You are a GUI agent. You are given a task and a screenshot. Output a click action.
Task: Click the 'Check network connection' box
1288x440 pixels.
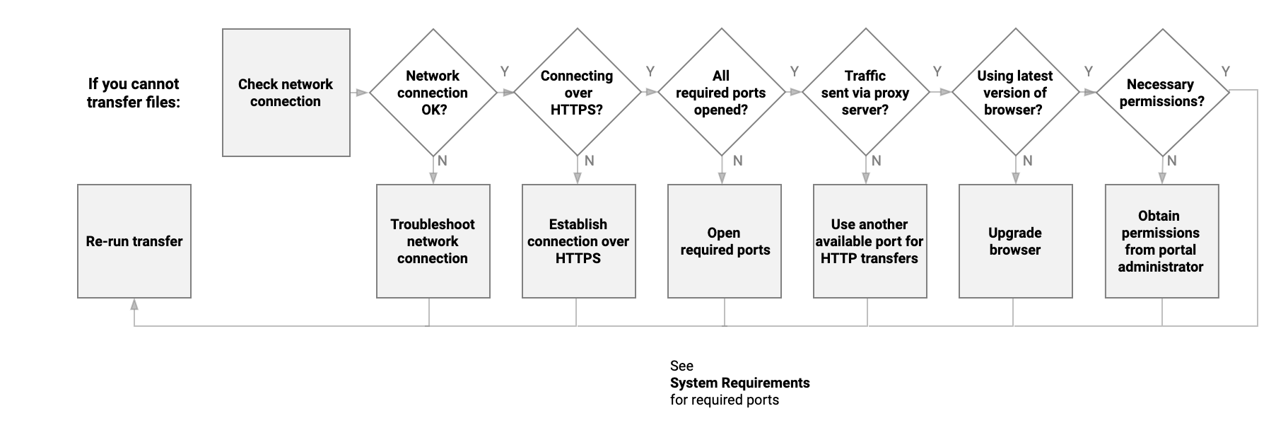286,93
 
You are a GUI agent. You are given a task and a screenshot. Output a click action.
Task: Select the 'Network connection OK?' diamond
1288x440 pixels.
433,93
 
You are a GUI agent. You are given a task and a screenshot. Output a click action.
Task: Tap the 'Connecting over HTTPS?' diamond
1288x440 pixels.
578,93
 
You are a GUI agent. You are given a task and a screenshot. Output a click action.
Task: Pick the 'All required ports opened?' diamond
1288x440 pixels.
721,93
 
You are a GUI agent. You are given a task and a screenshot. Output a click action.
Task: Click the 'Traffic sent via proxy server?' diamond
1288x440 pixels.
865,93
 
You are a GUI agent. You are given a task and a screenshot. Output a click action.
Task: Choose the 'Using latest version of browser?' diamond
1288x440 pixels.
1015,93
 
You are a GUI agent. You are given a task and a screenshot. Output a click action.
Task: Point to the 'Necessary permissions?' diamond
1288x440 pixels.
1161,93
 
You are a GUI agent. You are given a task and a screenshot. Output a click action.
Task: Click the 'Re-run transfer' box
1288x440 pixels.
134,241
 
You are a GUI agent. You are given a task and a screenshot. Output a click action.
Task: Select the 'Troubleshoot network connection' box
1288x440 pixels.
433,241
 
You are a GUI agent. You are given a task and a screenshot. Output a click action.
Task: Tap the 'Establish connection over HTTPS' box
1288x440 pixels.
578,241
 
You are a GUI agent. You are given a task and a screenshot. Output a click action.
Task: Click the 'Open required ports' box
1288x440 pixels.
725,241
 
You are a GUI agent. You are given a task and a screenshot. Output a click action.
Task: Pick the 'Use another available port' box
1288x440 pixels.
870,241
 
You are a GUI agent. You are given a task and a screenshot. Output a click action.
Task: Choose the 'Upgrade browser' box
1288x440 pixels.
1015,241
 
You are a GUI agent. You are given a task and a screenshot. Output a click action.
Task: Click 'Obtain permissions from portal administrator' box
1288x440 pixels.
1161,241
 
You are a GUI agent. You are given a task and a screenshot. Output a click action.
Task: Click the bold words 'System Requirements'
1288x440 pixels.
739,383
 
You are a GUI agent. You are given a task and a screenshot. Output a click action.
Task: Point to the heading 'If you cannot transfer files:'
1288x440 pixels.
134,93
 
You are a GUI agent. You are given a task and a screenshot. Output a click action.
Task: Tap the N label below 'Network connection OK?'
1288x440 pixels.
443,161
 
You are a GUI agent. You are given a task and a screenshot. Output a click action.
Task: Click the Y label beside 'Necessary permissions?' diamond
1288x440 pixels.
1226,71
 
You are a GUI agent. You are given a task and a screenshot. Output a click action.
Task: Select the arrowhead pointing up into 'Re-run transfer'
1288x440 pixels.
134,303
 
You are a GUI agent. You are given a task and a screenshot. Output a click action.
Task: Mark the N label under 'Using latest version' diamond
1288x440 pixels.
1028,161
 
